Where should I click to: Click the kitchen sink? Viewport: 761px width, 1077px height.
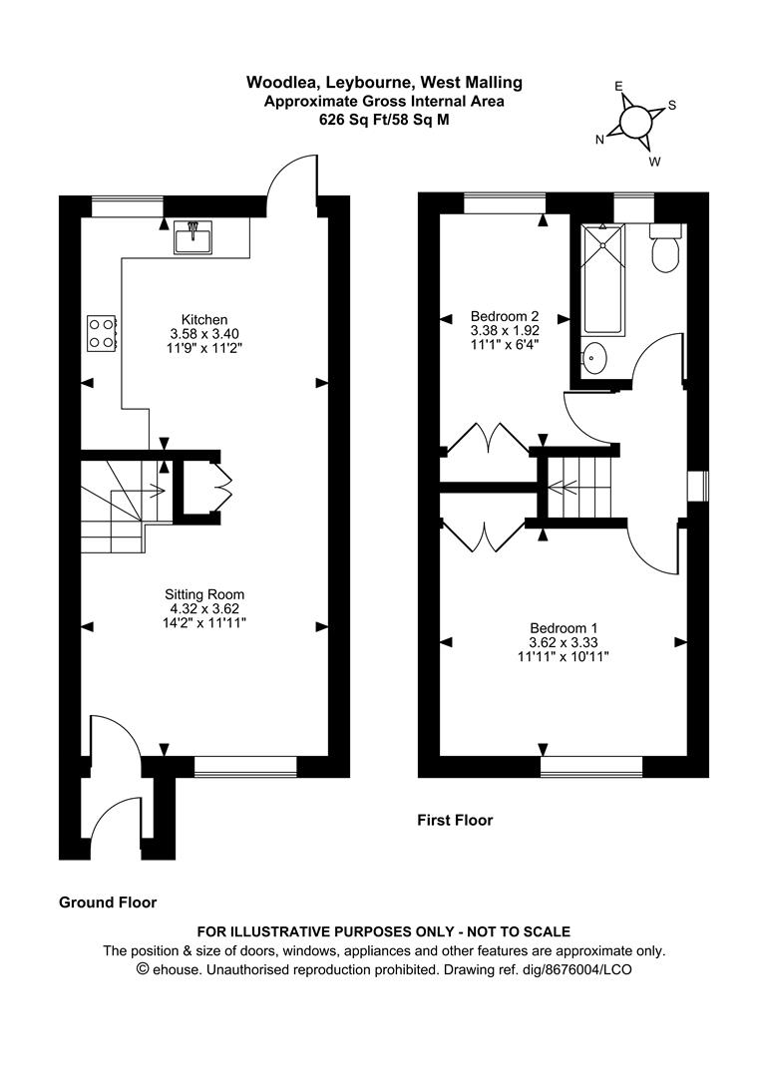tap(191, 237)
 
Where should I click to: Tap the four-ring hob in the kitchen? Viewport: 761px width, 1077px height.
tap(102, 332)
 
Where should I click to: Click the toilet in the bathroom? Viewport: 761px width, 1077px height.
tap(664, 249)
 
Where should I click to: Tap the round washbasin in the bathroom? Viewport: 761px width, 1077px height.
tap(593, 357)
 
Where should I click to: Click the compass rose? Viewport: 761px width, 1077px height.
tap(634, 122)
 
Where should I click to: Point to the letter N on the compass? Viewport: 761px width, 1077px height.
tap(600, 141)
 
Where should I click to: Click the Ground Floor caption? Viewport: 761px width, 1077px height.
tap(108, 902)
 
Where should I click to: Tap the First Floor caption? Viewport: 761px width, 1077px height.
tap(455, 821)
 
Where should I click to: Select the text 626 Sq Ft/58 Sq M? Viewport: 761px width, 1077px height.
tap(384, 118)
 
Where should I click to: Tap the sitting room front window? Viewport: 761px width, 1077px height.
tap(246, 766)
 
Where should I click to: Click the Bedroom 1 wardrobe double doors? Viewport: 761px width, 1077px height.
tap(484, 538)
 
